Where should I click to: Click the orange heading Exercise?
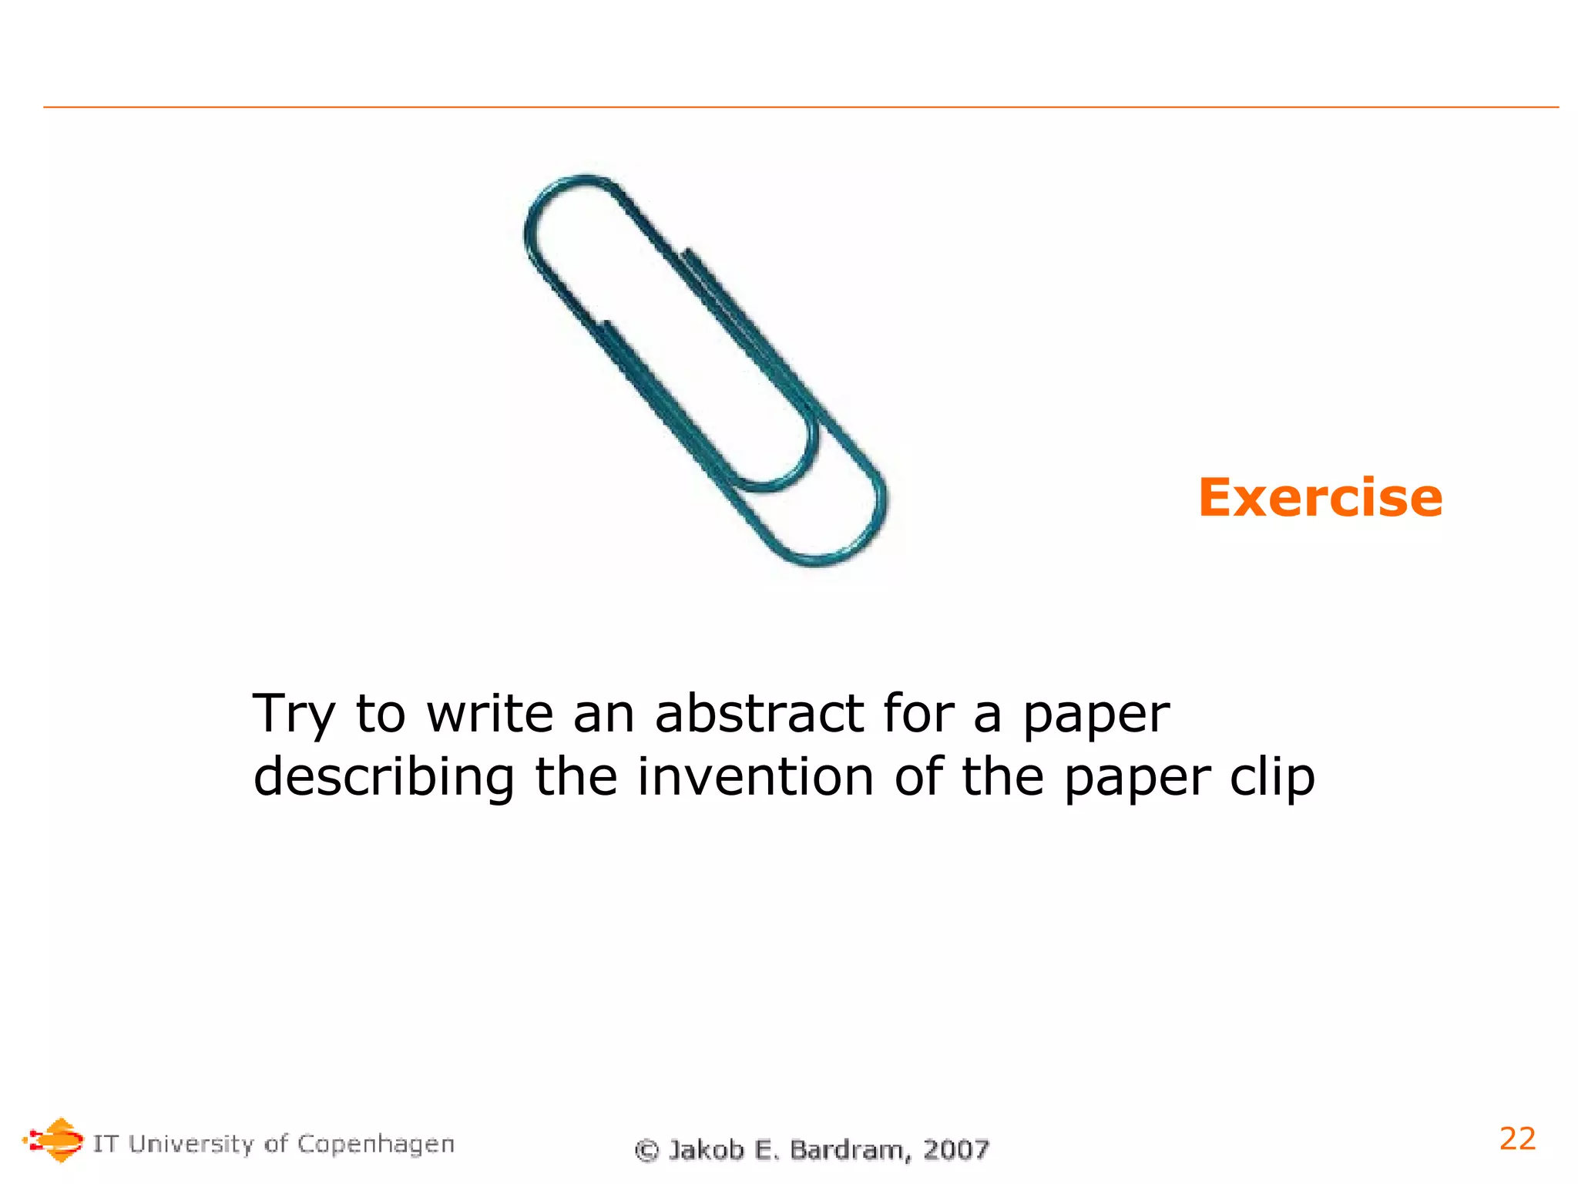pos(1319,498)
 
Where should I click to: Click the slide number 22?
pos(1517,1139)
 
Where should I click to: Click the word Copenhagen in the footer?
pos(375,1145)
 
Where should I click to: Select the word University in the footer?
pos(190,1143)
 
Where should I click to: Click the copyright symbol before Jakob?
pos(647,1150)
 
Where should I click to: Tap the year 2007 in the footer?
pos(956,1149)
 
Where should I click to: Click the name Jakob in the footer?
pos(706,1149)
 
